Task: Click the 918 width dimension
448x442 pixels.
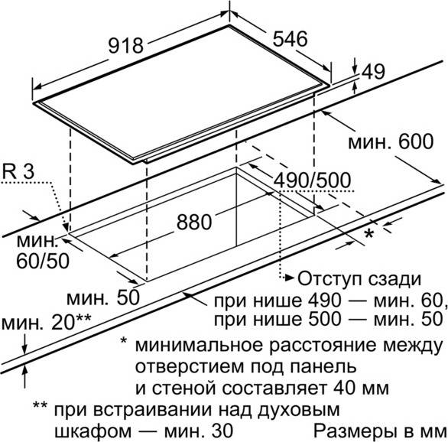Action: coord(125,46)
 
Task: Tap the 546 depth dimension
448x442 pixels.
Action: coord(290,39)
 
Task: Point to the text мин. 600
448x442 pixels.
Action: coord(391,141)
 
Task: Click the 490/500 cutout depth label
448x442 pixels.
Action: coord(312,180)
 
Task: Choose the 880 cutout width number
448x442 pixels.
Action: coord(194,222)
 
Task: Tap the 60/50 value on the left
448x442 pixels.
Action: coord(43,260)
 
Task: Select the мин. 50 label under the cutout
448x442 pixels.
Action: coord(103,297)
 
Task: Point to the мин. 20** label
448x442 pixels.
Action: coord(47,322)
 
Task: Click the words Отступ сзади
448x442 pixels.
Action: coord(359,279)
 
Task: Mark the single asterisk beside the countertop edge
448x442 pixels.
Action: coord(368,234)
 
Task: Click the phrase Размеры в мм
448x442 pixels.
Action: coord(380,431)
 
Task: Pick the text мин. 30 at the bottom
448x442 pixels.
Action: coord(199,431)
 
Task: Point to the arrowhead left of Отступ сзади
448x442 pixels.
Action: coord(290,277)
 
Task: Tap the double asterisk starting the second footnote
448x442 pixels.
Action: coord(40,406)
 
